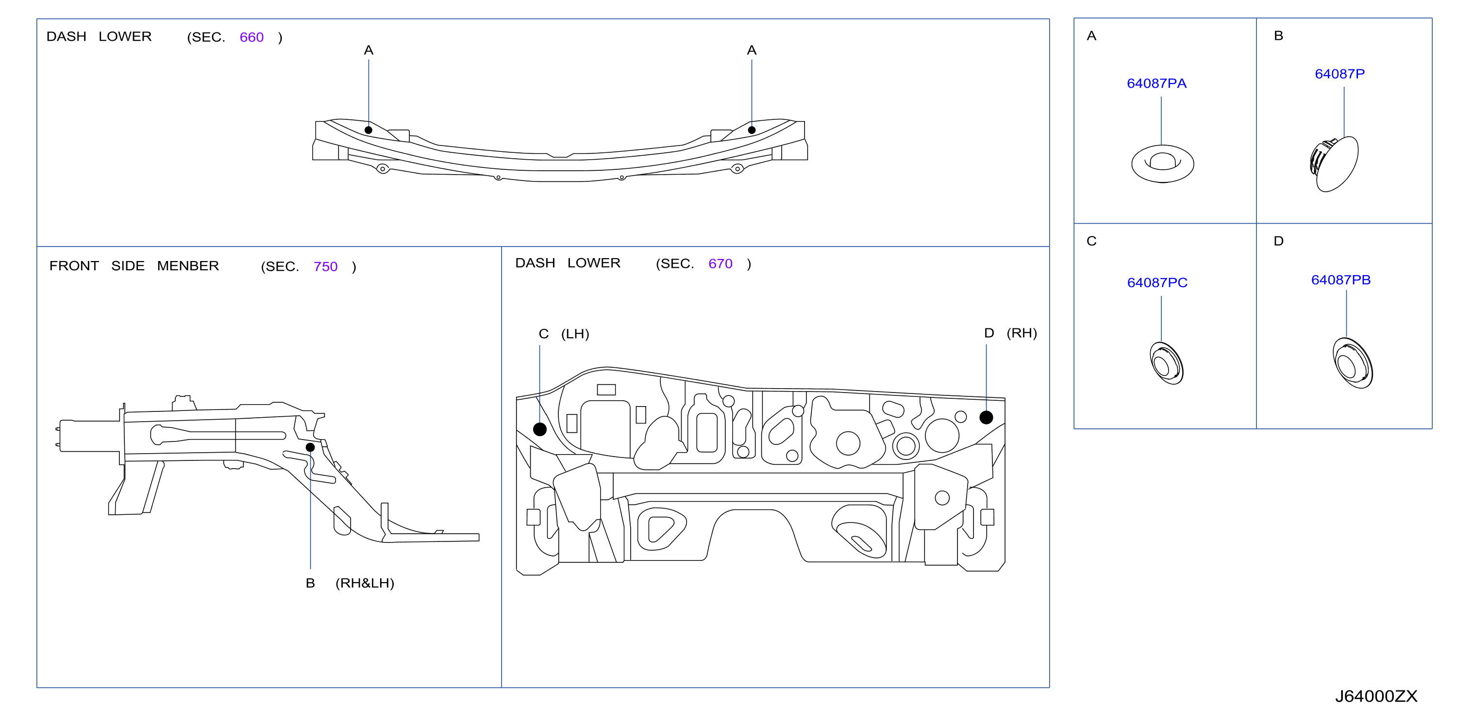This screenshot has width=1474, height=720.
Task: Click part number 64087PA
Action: [1156, 83]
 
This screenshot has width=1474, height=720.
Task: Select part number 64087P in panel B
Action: [1340, 74]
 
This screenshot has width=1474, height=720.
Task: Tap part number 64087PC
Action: [1157, 282]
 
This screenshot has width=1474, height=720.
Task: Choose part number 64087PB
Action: [1340, 279]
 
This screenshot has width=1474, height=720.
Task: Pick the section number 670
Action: [720, 263]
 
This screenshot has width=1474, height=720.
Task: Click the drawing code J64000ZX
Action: [1376, 696]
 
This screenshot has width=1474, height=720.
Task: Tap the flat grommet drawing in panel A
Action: [1162, 164]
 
